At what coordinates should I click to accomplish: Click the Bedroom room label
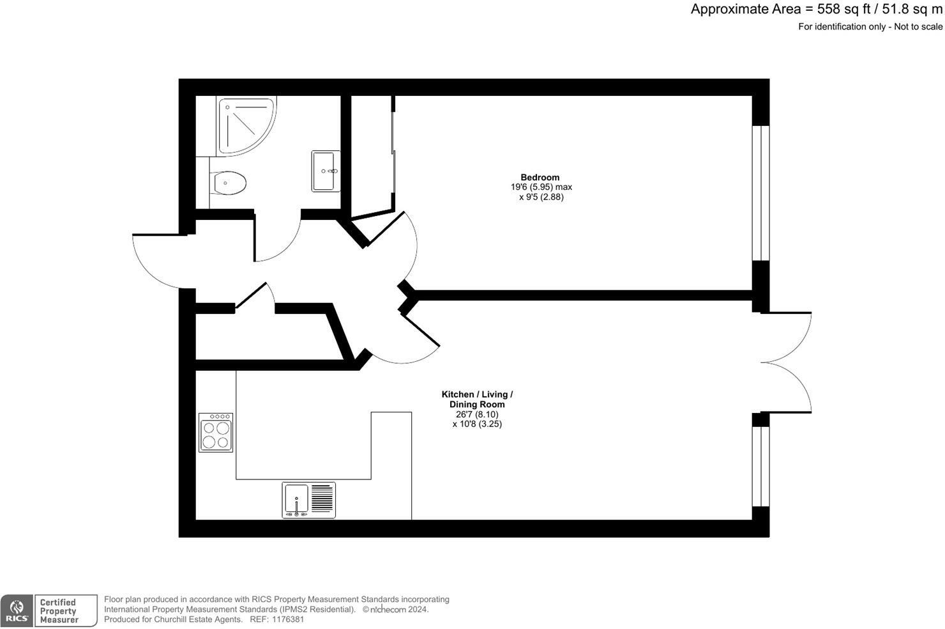click(x=540, y=178)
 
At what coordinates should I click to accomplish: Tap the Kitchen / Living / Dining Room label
click(x=477, y=400)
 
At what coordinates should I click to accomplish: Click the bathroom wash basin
click(x=326, y=171)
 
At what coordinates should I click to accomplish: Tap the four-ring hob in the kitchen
click(x=216, y=433)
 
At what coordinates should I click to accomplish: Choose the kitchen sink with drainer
click(x=309, y=500)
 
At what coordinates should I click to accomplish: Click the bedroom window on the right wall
click(x=760, y=193)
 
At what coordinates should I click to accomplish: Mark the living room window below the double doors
click(x=760, y=466)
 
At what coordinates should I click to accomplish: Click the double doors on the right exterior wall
click(x=787, y=362)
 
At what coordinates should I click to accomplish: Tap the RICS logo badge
click(x=17, y=611)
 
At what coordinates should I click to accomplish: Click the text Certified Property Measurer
click(x=59, y=611)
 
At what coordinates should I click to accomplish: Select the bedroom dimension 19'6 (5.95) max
click(x=541, y=187)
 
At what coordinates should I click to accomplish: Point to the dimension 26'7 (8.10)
click(x=477, y=414)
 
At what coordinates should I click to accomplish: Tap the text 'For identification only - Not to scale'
click(x=870, y=27)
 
